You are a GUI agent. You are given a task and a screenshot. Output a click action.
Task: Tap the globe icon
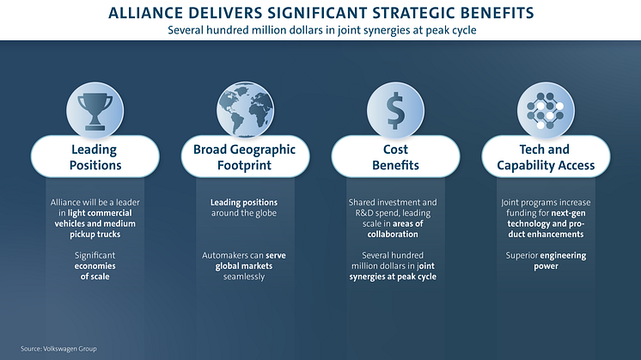click(245, 109)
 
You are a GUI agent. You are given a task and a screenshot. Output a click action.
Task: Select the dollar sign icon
click(395, 111)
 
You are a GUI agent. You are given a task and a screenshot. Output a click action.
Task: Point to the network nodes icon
click(546, 111)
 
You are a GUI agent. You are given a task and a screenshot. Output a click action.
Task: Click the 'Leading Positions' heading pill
click(95, 157)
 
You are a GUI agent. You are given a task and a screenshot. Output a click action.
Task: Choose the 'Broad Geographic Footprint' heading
click(245, 157)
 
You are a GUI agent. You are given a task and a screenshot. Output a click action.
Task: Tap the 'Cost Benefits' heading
click(395, 157)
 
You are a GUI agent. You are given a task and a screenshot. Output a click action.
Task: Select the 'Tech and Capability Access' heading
click(546, 157)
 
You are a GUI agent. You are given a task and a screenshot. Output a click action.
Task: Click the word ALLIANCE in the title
click(140, 13)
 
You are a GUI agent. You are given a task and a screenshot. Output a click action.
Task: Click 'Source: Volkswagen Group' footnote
click(58, 349)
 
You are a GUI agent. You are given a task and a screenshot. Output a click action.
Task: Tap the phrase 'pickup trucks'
click(95, 235)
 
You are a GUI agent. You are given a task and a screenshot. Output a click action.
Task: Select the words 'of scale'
click(95, 277)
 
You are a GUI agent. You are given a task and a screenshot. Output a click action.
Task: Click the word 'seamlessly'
click(244, 277)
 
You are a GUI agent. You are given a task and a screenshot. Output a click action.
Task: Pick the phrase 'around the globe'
click(244, 213)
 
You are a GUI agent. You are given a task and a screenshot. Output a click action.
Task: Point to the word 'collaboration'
click(393, 235)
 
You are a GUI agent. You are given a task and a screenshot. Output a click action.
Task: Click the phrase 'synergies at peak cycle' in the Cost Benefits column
click(393, 277)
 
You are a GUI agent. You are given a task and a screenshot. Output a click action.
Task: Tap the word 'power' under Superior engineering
click(546, 266)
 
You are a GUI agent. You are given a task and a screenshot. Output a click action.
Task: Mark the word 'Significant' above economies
click(95, 256)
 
